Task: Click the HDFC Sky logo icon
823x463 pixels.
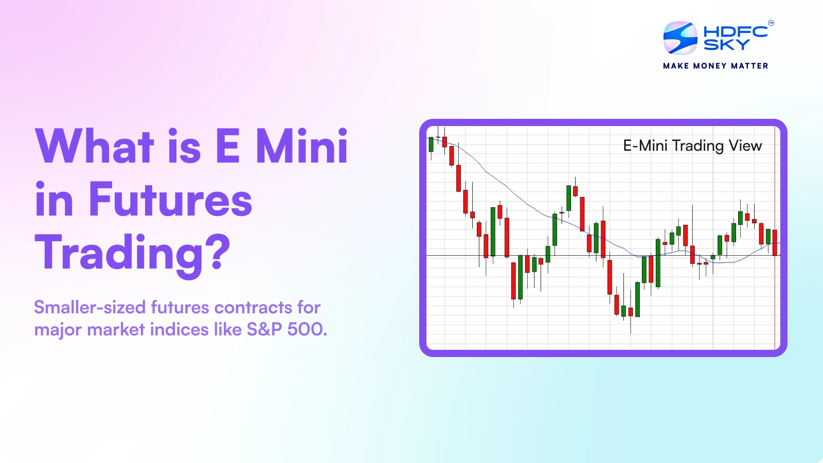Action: pyautogui.click(x=680, y=38)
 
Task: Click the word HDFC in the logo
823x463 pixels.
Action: pyautogui.click(x=735, y=32)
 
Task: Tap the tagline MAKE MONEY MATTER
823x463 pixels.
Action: pyautogui.click(x=715, y=66)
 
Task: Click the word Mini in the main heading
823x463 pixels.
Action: pyautogui.click(x=302, y=147)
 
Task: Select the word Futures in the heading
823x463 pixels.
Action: pyautogui.click(x=170, y=200)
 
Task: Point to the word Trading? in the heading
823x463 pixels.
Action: pyautogui.click(x=133, y=253)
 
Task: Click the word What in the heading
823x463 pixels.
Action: pyautogui.click(x=95, y=147)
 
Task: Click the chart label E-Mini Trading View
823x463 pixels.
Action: pyautogui.click(x=692, y=146)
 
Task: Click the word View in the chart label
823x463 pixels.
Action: pyautogui.click(x=745, y=146)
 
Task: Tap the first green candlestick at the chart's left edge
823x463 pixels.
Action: pyautogui.click(x=431, y=144)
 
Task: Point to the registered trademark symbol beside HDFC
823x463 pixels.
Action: pyautogui.click(x=771, y=23)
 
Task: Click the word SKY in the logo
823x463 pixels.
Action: pyautogui.click(x=726, y=45)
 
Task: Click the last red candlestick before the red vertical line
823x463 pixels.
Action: pyautogui.click(x=775, y=242)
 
